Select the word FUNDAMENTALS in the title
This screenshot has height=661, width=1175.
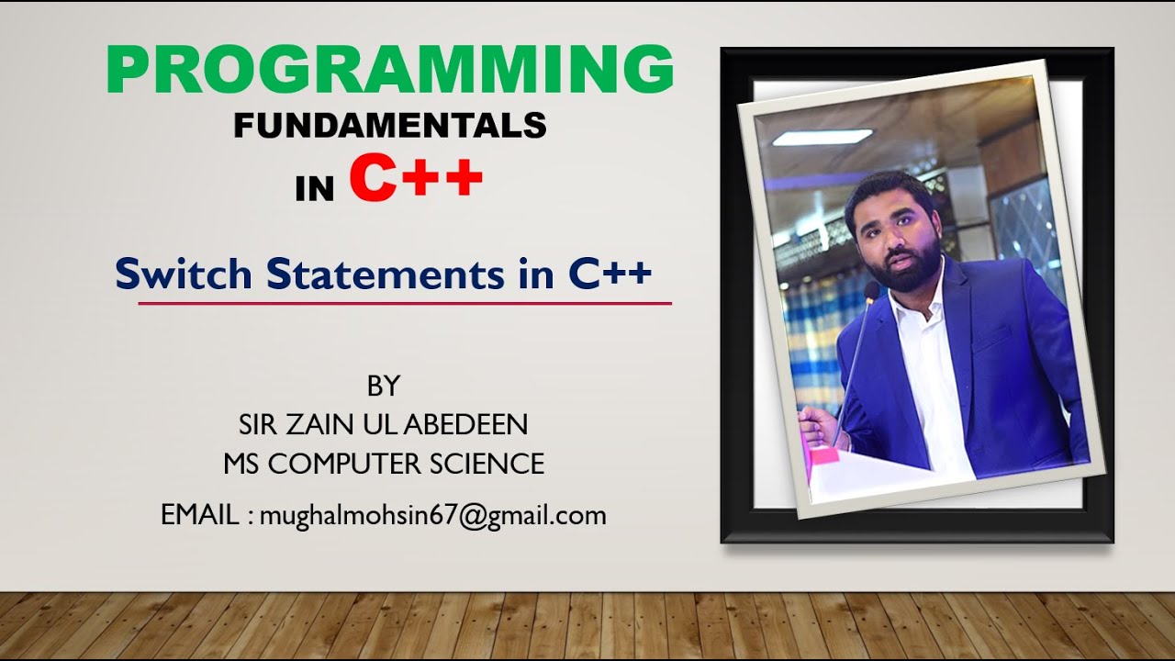(x=390, y=125)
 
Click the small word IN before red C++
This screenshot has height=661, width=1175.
(x=315, y=189)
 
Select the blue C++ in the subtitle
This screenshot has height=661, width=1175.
(x=610, y=274)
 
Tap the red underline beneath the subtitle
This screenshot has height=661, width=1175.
(x=405, y=302)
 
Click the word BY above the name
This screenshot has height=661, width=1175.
(x=384, y=387)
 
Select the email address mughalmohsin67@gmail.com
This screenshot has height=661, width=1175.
(x=432, y=516)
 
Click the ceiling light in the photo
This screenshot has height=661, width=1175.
(x=822, y=138)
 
